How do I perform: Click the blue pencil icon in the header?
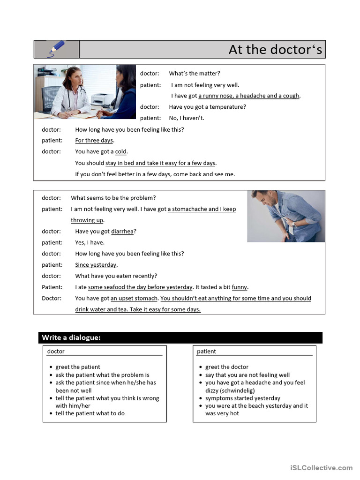56,48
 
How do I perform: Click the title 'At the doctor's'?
275,49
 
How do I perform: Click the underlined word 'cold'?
121,151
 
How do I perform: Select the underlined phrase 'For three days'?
94,140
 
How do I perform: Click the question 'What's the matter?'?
195,73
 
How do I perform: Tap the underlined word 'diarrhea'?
122,231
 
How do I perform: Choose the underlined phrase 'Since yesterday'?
96,265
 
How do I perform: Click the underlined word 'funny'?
240,287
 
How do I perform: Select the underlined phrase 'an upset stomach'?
135,298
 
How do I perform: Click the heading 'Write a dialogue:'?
71,337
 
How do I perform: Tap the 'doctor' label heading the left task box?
56,351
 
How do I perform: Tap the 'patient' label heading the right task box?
206,351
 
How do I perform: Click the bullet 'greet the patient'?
77,367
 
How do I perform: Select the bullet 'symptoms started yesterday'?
242,398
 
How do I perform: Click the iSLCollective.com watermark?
321,467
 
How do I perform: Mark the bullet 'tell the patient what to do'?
90,413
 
